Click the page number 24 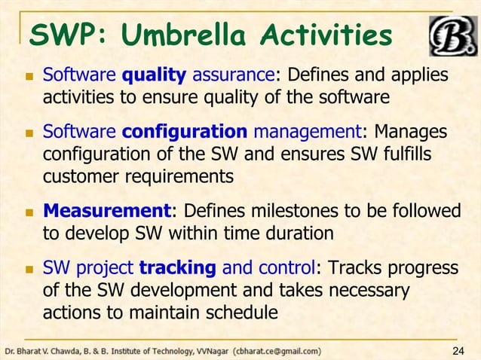458,350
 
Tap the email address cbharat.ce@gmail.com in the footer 277,350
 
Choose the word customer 81,177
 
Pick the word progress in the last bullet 422,269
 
